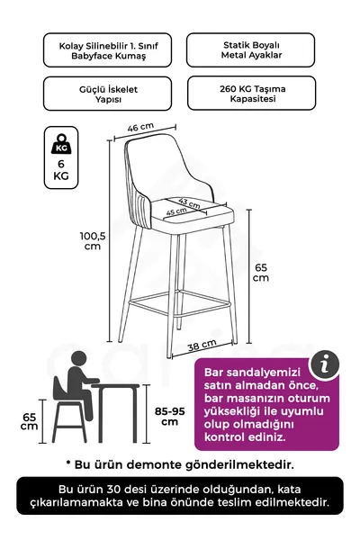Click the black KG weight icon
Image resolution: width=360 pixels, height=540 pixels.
click(61, 145)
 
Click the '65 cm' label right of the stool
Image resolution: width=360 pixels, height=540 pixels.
click(260, 273)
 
